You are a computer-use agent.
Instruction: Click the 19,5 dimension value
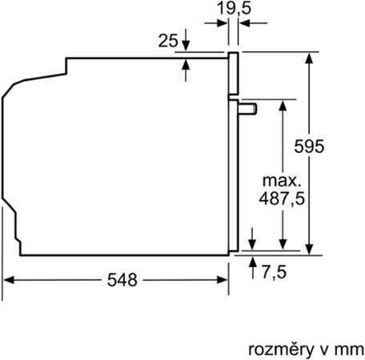[x=234, y=8]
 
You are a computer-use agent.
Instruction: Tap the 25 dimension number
[x=168, y=41]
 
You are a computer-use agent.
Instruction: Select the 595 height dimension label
[x=309, y=146]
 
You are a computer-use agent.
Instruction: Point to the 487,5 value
[x=282, y=198]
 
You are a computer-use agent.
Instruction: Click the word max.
[x=282, y=181]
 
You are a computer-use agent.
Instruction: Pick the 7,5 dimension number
[x=274, y=272]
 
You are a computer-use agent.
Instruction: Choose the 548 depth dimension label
[x=122, y=280]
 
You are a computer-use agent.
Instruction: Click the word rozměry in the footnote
[x=281, y=350]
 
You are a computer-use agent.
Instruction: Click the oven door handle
[x=247, y=110]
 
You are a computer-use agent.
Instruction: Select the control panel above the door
[x=233, y=74]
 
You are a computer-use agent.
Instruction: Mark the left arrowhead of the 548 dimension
[x=9, y=280]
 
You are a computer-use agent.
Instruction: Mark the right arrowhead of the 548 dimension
[x=222, y=280]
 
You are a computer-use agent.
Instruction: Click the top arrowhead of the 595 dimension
[x=309, y=58]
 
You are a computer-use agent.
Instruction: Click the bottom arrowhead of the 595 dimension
[x=309, y=250]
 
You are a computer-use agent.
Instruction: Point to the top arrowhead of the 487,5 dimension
[x=283, y=106]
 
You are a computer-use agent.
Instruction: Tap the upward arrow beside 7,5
[x=252, y=267]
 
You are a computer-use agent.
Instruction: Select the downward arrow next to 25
[x=186, y=39]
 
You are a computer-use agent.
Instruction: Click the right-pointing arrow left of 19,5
[x=216, y=23]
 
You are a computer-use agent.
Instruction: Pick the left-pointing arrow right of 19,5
[x=253, y=23]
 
